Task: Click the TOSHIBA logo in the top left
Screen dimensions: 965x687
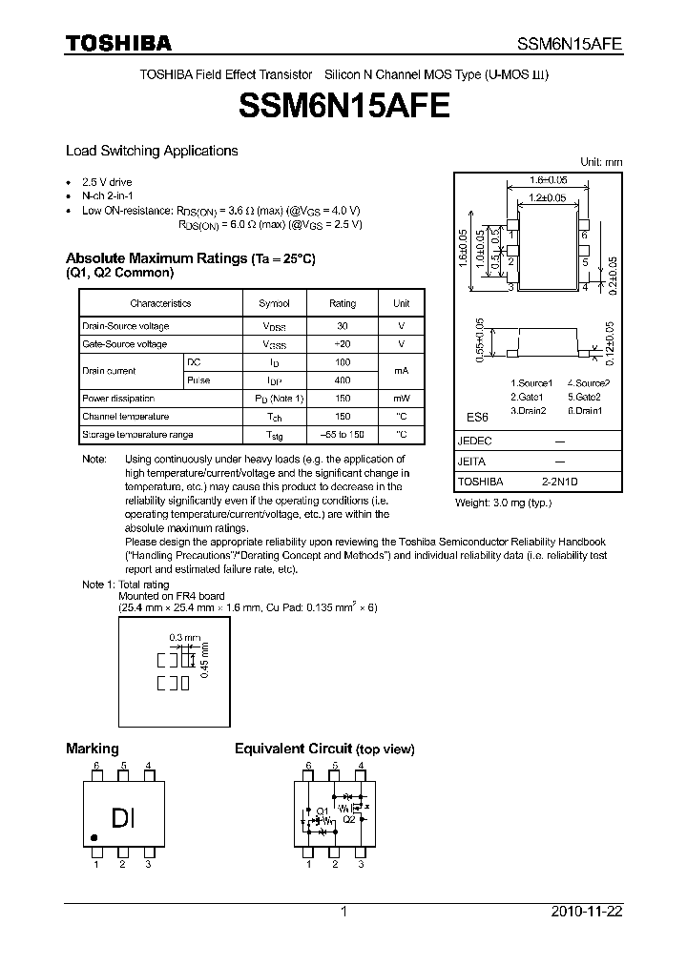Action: (x=118, y=44)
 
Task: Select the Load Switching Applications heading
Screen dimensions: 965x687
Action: (x=152, y=151)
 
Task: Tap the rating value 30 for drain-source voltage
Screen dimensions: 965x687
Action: (x=343, y=326)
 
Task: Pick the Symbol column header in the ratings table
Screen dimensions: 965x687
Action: (x=274, y=303)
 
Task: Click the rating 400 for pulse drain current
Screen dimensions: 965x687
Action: (x=343, y=380)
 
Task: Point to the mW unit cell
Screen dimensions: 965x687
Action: (x=401, y=399)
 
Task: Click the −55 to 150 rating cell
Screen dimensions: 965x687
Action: (x=343, y=435)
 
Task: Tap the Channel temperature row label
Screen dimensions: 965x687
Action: (x=126, y=417)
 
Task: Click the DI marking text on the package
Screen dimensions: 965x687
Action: (x=124, y=818)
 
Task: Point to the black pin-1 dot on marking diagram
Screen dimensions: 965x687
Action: (x=94, y=838)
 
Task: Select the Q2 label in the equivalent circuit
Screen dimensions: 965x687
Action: (x=349, y=818)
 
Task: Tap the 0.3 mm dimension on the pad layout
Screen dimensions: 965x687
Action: (x=184, y=637)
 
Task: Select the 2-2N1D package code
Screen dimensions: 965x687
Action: (x=560, y=482)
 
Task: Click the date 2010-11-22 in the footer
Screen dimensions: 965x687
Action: (x=585, y=912)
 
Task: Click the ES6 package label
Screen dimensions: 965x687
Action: (x=476, y=418)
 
